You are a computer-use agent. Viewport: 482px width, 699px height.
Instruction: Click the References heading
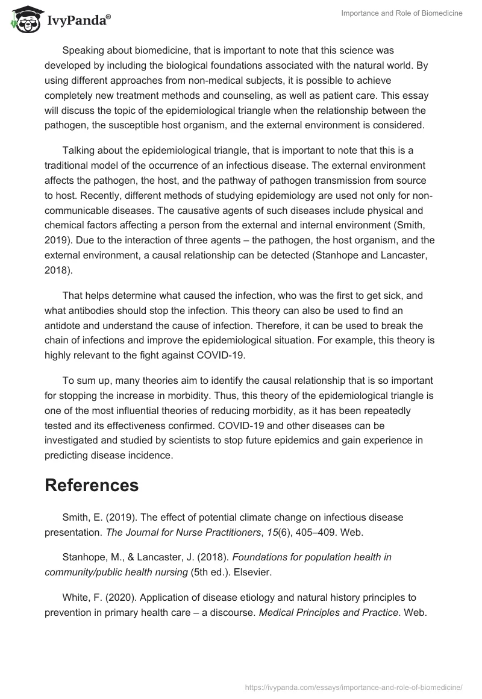coord(92,485)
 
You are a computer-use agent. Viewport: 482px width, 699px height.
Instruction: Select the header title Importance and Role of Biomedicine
coord(401,13)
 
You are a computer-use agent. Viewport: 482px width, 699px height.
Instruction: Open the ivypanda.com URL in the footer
coord(354,687)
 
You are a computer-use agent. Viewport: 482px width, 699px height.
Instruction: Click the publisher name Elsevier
coord(251,572)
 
